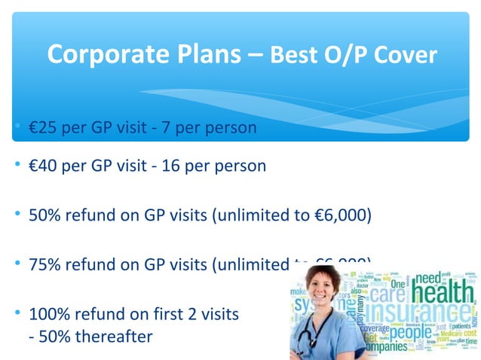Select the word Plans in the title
(201, 54)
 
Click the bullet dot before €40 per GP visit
(17, 166)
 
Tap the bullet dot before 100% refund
(17, 313)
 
